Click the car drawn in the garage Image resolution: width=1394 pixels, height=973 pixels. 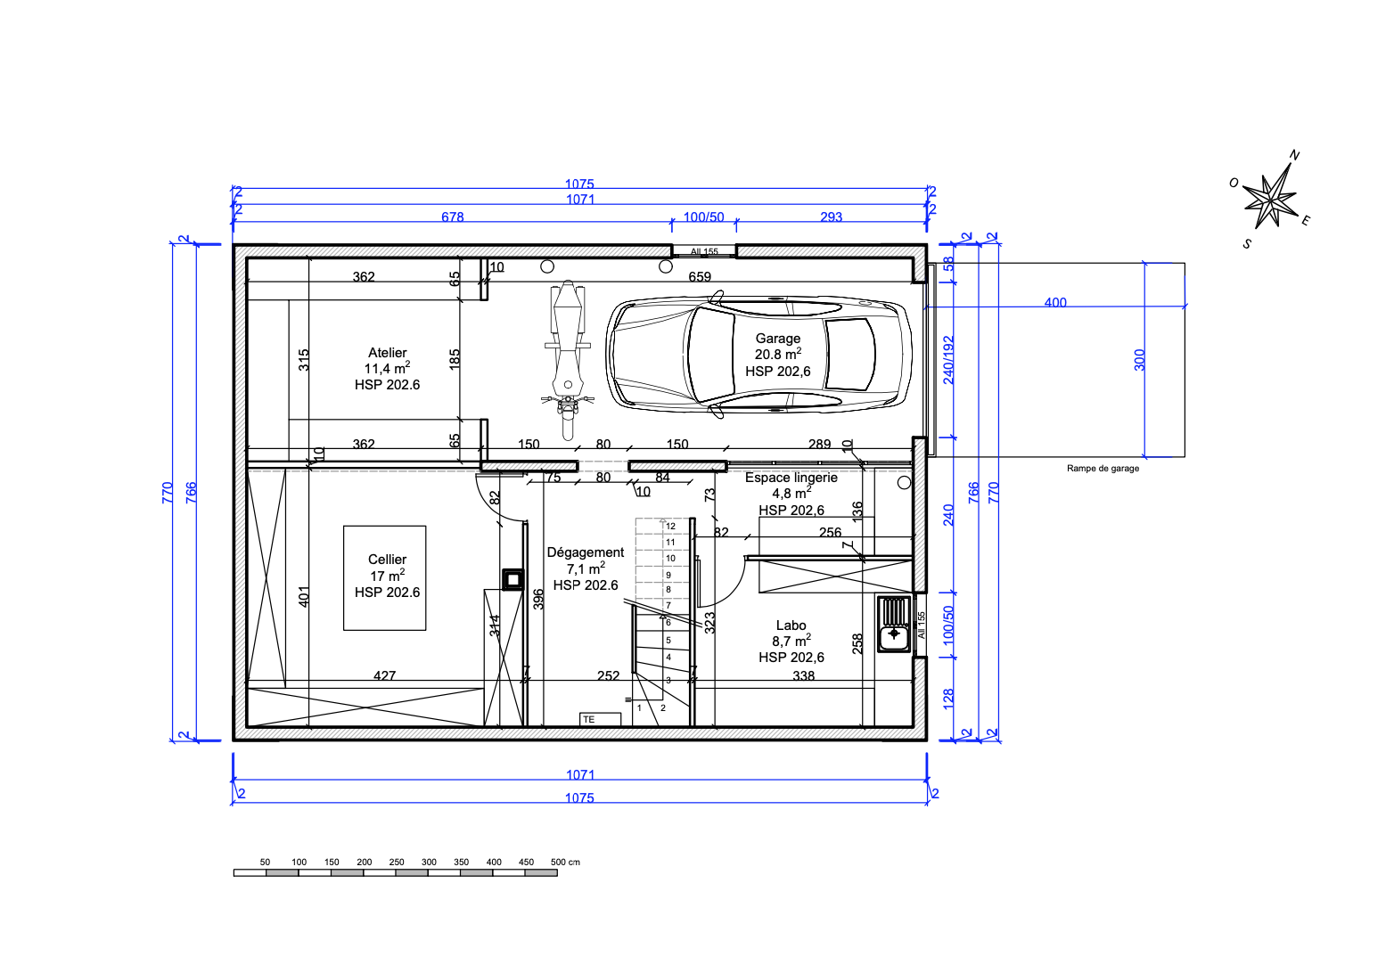(x=758, y=355)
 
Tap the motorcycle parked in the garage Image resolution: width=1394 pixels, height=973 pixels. (x=568, y=360)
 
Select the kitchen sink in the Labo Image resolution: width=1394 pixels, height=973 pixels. (x=894, y=624)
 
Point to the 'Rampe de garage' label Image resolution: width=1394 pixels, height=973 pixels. (x=1103, y=469)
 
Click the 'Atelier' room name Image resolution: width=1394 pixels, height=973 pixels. (x=387, y=353)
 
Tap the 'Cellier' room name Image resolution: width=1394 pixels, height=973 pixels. (x=387, y=560)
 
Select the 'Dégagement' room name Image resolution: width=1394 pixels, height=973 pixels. (x=585, y=552)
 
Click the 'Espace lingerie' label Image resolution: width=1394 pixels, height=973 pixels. (x=791, y=478)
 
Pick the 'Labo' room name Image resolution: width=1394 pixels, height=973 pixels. (x=791, y=625)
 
